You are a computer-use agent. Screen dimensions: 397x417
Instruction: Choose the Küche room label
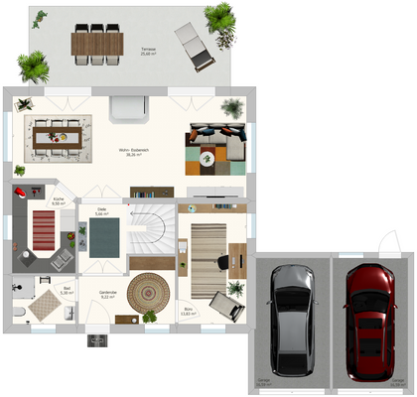(x=58, y=200)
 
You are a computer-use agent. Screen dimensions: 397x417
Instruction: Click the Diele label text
(x=101, y=210)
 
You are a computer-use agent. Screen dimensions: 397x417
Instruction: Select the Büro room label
(x=189, y=311)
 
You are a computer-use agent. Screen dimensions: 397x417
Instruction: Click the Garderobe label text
(x=107, y=293)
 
